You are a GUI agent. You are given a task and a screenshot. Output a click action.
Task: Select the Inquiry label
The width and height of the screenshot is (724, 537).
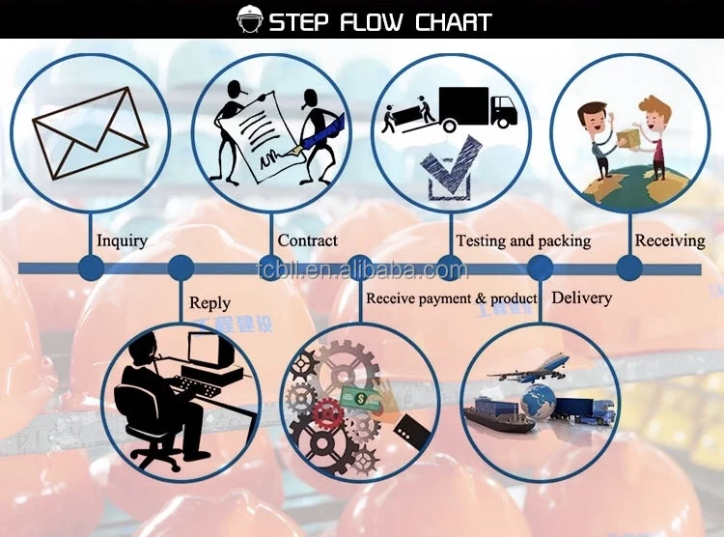(x=122, y=240)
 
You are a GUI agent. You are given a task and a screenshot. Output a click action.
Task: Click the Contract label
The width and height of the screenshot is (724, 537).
(x=307, y=240)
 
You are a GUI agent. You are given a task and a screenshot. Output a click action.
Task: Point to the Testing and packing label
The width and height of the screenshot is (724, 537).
(x=522, y=240)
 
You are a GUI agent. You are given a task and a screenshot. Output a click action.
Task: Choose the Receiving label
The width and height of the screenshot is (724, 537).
(x=669, y=240)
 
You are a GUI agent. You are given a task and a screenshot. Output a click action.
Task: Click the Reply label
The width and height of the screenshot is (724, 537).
(x=209, y=303)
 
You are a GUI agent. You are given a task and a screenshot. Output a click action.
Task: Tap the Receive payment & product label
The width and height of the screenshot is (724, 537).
(x=451, y=298)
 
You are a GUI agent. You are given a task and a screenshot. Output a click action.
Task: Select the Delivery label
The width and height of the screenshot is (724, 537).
(x=581, y=297)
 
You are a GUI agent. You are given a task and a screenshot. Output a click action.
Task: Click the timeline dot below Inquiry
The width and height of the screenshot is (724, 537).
(x=91, y=268)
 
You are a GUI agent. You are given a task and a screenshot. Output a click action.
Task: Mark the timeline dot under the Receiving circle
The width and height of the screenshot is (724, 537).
(x=629, y=268)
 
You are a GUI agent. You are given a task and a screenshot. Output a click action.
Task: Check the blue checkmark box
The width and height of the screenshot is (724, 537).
(x=449, y=167)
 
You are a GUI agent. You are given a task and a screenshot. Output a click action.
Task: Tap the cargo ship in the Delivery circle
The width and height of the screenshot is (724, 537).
(x=502, y=416)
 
